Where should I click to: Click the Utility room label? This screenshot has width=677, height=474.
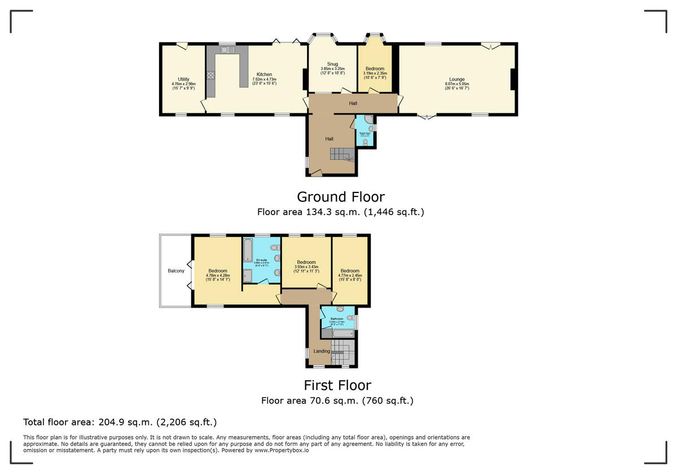183,80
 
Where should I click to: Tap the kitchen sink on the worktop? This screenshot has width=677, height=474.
228,50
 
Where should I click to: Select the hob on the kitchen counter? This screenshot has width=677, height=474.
211,75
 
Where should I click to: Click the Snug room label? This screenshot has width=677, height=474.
332,64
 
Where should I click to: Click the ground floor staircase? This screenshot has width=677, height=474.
341,153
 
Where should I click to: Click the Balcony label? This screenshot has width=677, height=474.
176,271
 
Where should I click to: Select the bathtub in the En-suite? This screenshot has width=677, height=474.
248,249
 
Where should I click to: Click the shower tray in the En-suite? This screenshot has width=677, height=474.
248,275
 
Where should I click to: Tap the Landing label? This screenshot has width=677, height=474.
322,351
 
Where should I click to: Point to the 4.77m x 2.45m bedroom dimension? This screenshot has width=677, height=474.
350,275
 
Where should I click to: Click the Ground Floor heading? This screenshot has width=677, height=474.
341,197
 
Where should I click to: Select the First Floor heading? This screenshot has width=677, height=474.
337,385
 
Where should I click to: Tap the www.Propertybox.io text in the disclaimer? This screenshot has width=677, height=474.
281,450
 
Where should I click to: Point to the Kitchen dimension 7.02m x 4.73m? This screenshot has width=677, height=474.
264,79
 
